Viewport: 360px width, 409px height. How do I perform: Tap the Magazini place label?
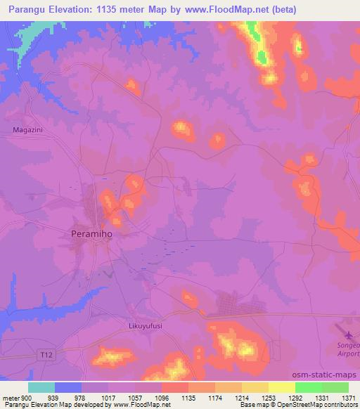(28, 129)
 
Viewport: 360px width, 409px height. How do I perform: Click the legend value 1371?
(349, 398)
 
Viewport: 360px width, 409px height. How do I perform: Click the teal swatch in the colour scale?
(41, 387)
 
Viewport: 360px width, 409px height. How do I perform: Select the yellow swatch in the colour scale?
(281, 387)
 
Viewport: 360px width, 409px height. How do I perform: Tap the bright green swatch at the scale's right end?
(335, 387)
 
